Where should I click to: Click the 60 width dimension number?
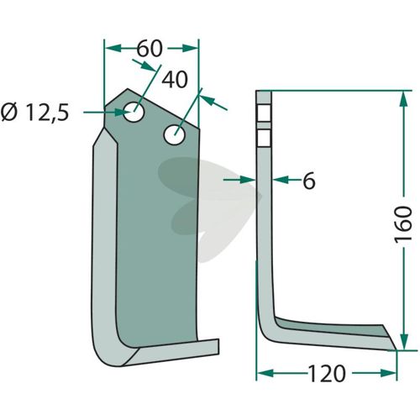[x=150, y=48]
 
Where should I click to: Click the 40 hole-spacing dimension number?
[x=175, y=80]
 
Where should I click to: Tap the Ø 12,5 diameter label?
[x=34, y=113]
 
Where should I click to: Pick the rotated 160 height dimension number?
[x=403, y=224]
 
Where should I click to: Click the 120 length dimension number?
[x=327, y=373]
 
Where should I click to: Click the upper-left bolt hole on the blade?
[x=134, y=112]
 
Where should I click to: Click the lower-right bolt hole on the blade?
[x=175, y=134]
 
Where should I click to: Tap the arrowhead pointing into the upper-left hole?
[x=123, y=113]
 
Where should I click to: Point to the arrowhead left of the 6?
[x=248, y=180]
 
